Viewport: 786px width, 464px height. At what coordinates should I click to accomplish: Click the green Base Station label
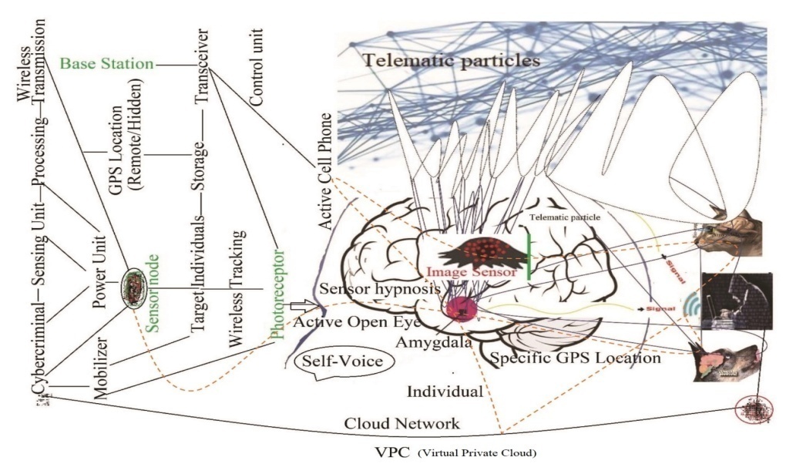(106, 63)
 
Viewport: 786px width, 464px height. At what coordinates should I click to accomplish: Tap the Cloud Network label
(402, 423)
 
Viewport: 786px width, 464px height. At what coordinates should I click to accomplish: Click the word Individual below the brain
(445, 392)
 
